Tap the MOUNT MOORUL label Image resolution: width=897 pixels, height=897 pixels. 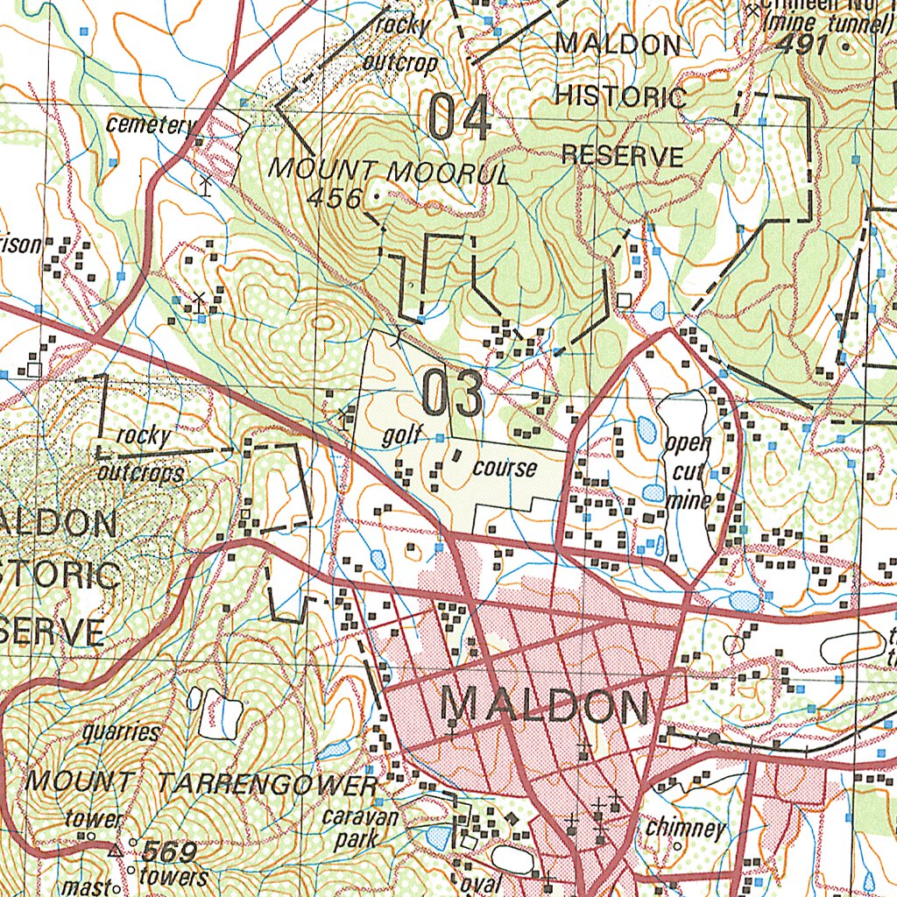pyautogui.click(x=387, y=170)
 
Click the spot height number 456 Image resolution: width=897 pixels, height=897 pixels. pyautogui.click(x=334, y=199)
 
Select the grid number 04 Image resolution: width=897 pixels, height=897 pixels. pyautogui.click(x=460, y=118)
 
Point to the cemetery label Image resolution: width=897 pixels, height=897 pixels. pyautogui.click(x=149, y=125)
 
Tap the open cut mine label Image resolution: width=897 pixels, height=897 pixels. pyautogui.click(x=688, y=472)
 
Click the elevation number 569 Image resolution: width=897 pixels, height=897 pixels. pyautogui.click(x=169, y=851)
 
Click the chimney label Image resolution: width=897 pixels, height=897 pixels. pyautogui.click(x=686, y=829)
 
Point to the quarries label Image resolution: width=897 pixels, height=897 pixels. pyautogui.click(x=121, y=732)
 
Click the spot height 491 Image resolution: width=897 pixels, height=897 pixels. pyautogui.click(x=801, y=46)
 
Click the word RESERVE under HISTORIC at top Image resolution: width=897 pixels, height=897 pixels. pyautogui.click(x=622, y=156)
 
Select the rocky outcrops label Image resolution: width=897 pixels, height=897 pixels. pyautogui.click(x=141, y=455)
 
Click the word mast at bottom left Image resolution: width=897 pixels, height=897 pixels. pyautogui.click(x=91, y=886)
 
